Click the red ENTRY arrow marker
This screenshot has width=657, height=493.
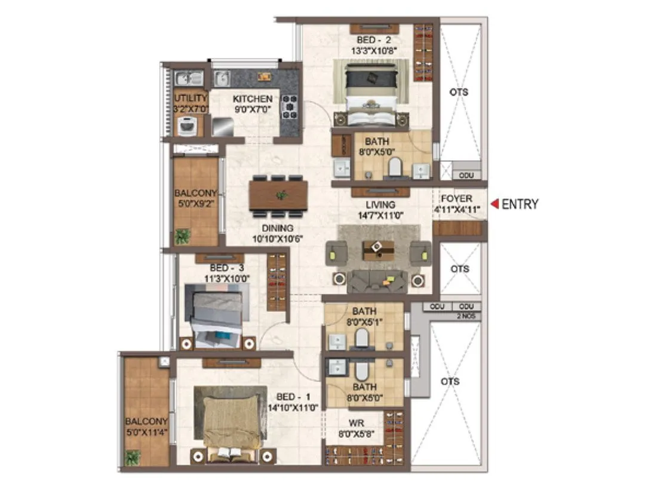pos(495,204)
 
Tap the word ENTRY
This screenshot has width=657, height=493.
pos(520,204)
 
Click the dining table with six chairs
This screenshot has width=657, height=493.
pos(278,195)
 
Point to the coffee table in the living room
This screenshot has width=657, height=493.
pos(378,249)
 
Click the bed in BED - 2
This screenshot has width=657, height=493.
pos(371,90)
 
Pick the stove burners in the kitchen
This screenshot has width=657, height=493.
pos(290,106)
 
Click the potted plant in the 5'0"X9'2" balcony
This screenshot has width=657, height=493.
pos(183,237)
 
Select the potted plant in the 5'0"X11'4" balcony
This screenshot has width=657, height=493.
pos(133,458)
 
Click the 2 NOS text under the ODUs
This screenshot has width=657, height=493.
pos(469,316)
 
